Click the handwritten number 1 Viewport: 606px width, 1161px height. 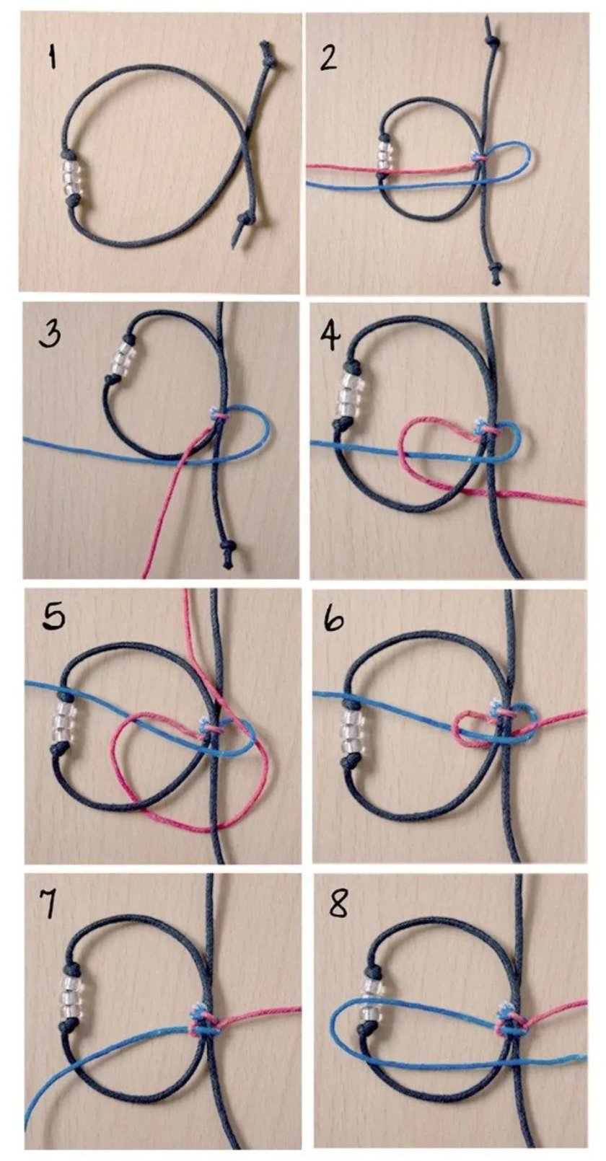tap(50, 56)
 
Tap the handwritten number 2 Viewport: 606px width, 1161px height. tap(329, 58)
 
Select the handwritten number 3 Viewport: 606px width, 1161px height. tap(48, 336)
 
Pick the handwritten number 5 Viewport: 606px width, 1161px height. tap(54, 616)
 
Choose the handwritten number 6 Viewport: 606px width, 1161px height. tap(333, 617)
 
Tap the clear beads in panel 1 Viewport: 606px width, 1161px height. tap(71, 178)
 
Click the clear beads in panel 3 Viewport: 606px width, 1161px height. tap(123, 358)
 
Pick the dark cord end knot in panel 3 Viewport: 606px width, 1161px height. tap(227, 549)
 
